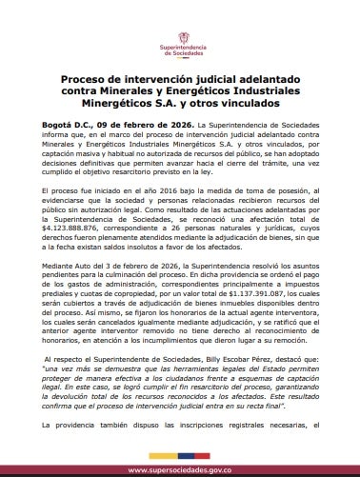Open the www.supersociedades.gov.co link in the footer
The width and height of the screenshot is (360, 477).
point(179,469)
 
